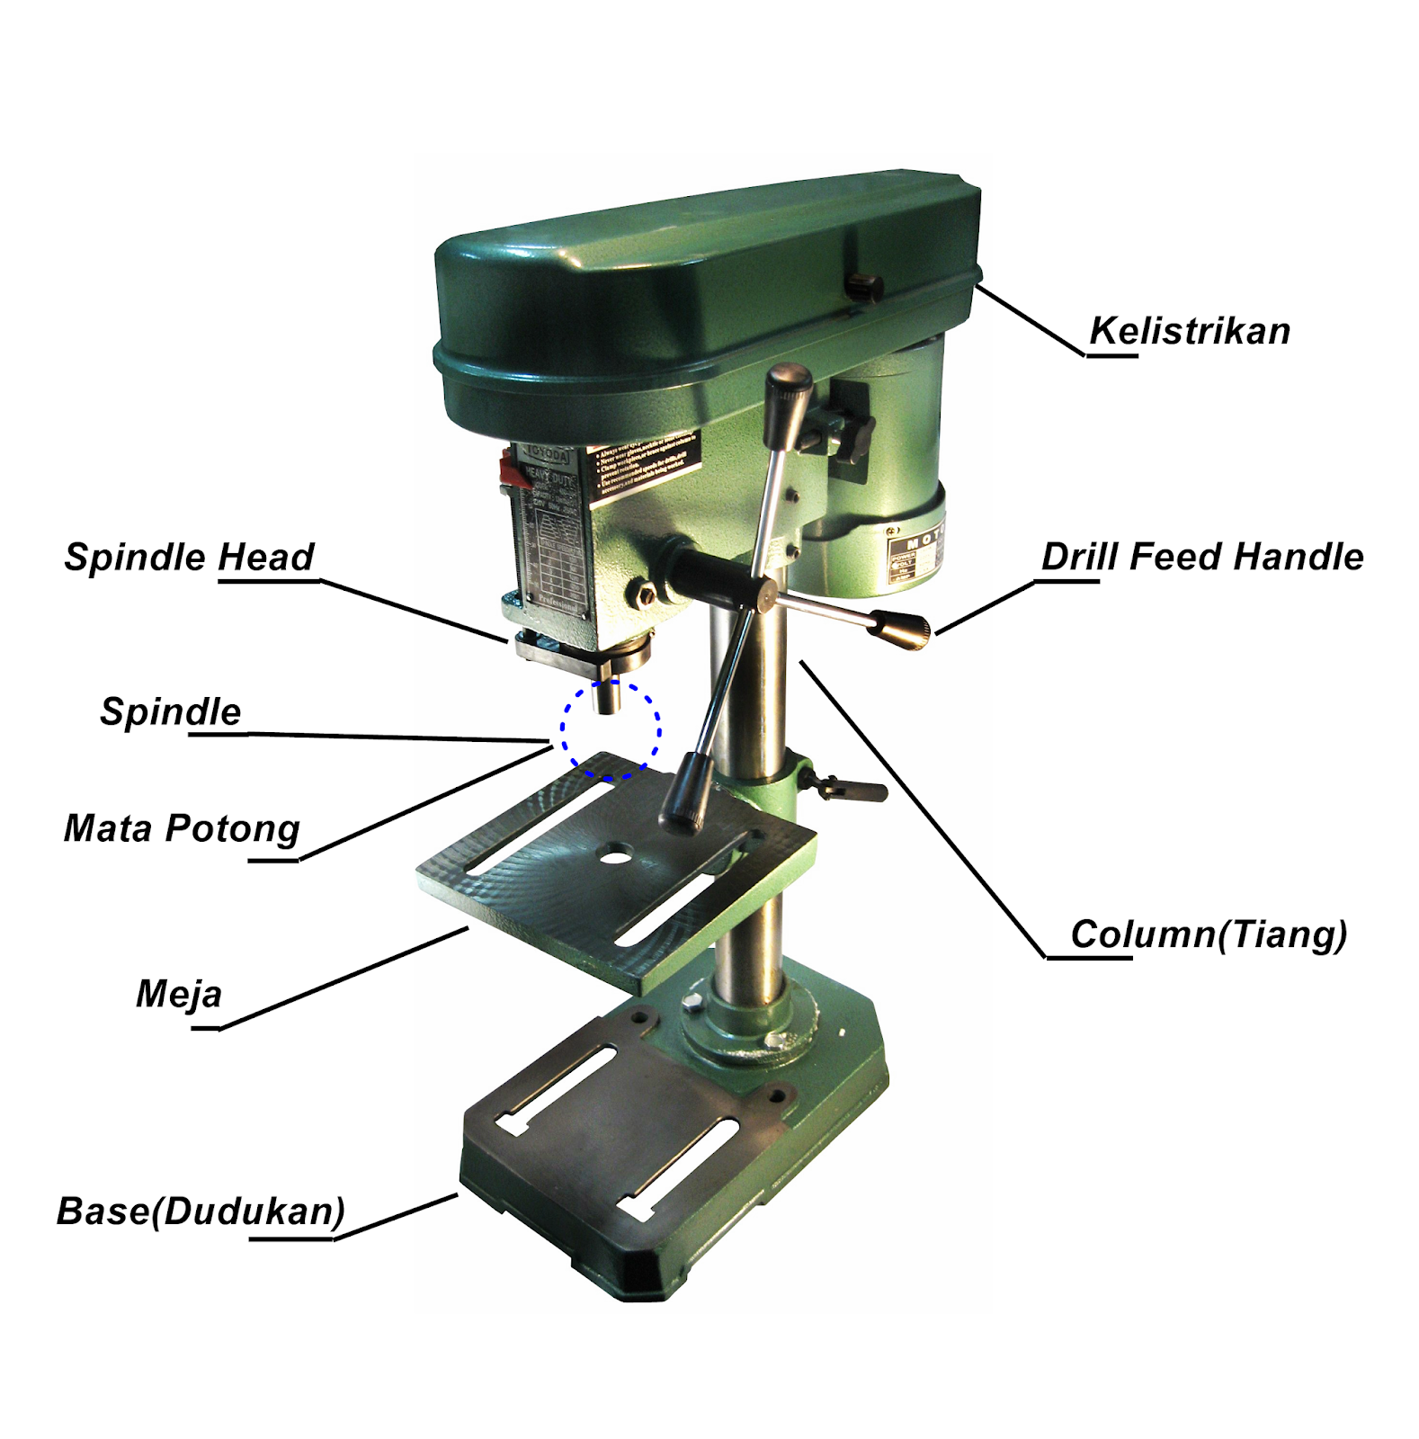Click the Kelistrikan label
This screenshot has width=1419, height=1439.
point(1189,331)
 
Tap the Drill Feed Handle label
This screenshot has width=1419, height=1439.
point(1201,557)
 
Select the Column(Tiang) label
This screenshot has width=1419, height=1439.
point(1208,934)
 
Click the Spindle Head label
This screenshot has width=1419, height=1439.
point(189,557)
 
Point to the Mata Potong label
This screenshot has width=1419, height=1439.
point(182,828)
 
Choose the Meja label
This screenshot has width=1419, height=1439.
point(179,994)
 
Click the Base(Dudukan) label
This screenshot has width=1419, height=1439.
point(201,1211)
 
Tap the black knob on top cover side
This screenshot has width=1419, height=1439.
point(864,287)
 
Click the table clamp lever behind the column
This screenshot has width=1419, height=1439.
point(855,790)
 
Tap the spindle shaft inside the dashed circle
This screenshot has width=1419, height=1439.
point(609,696)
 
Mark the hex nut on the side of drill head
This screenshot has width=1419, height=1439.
point(646,593)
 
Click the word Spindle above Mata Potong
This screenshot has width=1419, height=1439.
point(170,711)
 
